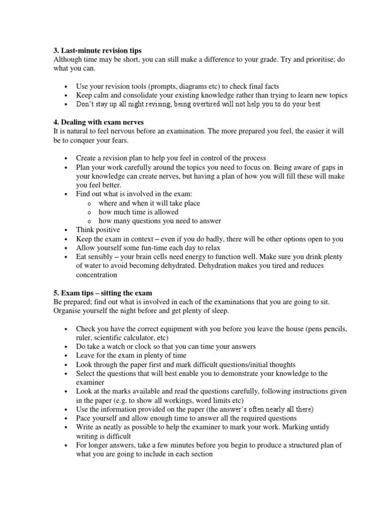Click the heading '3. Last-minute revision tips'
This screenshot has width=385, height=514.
pyautogui.click(x=97, y=51)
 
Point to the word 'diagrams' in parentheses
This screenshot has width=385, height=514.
pyautogui.click(x=199, y=86)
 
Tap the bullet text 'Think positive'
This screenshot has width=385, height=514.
pyautogui.click(x=98, y=229)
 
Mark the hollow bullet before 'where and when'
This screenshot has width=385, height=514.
pyautogui.click(x=89, y=204)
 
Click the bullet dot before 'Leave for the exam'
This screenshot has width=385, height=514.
pyautogui.click(x=66, y=356)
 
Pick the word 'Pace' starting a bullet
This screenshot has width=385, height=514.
pyautogui.click(x=84, y=418)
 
